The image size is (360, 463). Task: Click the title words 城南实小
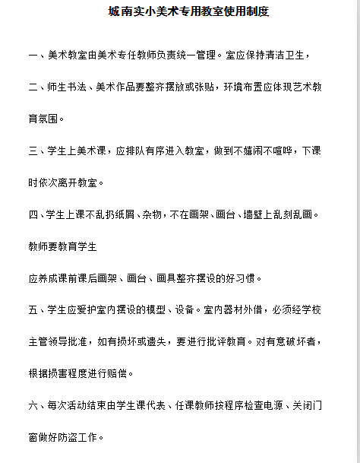tap(126, 12)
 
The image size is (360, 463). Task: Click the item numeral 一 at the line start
tap(33, 56)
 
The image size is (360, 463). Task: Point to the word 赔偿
tap(120, 373)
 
